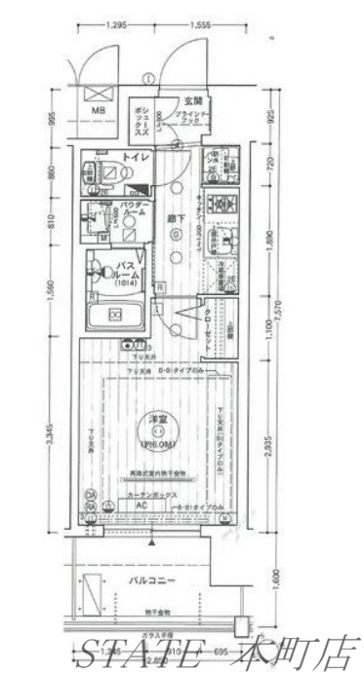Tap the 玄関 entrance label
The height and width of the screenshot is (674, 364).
tap(191, 100)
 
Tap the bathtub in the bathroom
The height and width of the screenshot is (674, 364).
tap(115, 315)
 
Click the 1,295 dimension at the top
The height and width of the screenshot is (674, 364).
tap(118, 25)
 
